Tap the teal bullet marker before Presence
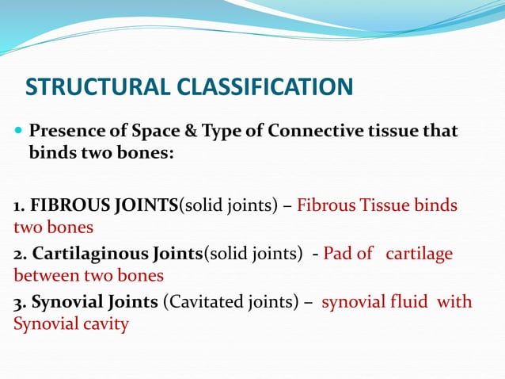pos(18,130)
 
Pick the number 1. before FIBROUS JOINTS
pos(20,205)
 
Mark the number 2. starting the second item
pos(21,254)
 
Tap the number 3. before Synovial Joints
pos(21,302)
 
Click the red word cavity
pos(102,324)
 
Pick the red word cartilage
pos(419,254)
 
